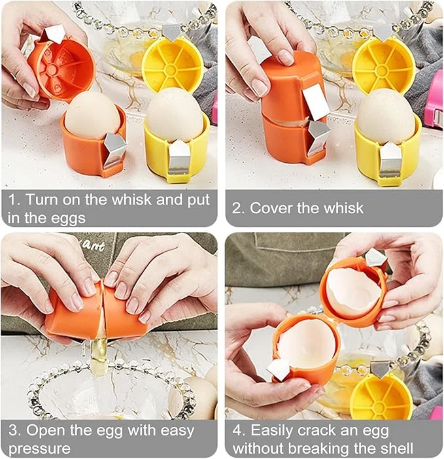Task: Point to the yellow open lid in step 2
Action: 383,64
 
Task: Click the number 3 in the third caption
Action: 14,431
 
